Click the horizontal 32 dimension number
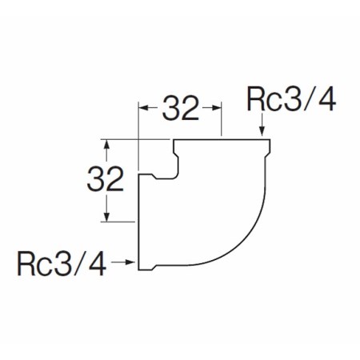coord(181,108)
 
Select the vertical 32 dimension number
coord(106,178)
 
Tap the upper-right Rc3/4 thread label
coord(291,98)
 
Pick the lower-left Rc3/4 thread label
coord(62,263)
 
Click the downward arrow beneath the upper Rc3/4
coord(262,125)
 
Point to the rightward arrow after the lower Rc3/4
coord(122,262)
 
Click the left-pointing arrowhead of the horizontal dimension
coord(144,108)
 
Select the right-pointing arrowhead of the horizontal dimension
coord(216,108)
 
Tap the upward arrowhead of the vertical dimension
coord(106,145)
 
